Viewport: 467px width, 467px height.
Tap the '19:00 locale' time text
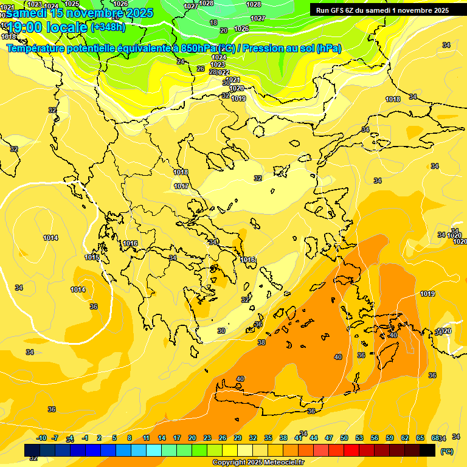pos(47,27)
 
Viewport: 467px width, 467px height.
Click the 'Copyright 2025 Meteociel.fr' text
pos(258,463)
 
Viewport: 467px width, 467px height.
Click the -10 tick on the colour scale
pos(41,438)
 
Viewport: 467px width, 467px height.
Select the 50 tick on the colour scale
pos(344,438)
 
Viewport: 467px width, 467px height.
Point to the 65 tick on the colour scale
pos(420,438)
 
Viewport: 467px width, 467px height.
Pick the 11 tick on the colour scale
pos(147,438)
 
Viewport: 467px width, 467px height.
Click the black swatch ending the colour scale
pos(427,451)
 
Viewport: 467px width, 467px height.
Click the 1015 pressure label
pos(92,257)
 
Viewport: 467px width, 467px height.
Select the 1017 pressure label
pos(181,186)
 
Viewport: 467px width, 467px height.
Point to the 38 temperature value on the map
pos(261,342)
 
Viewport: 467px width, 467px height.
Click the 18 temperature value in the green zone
pos(213,22)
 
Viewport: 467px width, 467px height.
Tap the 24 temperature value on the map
pos(181,61)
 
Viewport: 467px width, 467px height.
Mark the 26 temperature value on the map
pos(201,69)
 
